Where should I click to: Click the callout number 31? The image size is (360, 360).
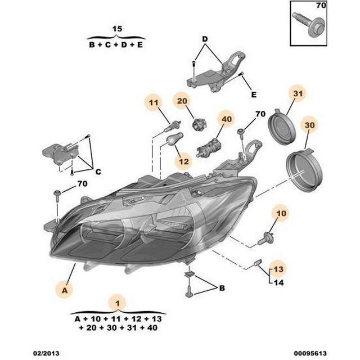[298, 94]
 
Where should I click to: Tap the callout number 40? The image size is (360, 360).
[226, 119]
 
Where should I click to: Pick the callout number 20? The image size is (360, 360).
[182, 101]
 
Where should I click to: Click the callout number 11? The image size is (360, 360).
[154, 102]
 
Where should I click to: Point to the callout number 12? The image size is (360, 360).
[183, 161]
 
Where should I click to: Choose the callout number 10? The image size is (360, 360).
[281, 213]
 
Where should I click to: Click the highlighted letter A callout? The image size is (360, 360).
[65, 290]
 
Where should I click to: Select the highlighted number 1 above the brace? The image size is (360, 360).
[118, 304]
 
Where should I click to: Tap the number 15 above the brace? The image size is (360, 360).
[117, 29]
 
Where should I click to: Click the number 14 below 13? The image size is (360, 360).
[279, 282]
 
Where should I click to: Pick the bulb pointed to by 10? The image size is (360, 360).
[265, 238]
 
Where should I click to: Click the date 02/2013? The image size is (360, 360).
[46, 353]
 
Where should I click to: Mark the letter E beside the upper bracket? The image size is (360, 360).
[254, 94]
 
